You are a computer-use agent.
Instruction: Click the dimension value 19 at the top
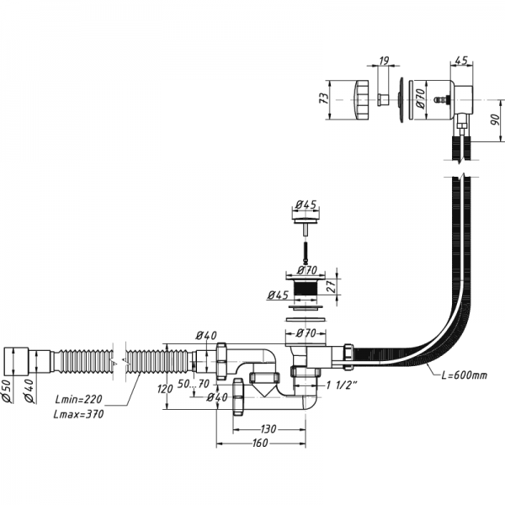383,61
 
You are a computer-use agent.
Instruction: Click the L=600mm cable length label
458,374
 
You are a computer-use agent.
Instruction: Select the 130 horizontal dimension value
270,428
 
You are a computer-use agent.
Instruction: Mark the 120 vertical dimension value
165,389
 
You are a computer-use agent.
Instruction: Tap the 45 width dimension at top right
461,61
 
